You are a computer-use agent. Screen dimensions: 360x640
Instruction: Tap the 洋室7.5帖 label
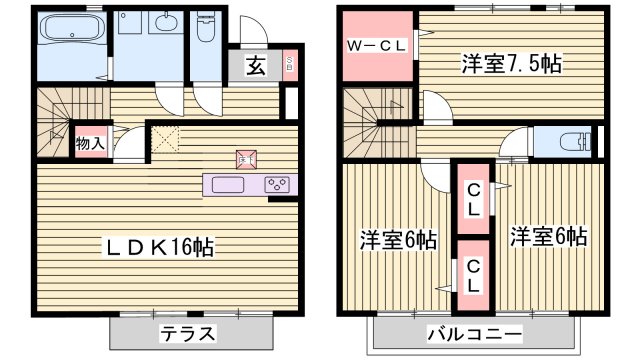click(510, 64)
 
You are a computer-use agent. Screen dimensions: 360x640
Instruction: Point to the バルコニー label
click(474, 334)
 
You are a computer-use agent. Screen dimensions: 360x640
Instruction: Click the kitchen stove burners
click(277, 185)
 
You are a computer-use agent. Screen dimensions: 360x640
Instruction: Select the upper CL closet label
click(473, 200)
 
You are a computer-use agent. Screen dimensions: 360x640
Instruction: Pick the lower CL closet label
click(473, 275)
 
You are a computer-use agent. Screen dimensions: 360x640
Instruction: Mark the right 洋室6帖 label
click(548, 238)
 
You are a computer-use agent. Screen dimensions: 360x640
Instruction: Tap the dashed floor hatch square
click(166, 141)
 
